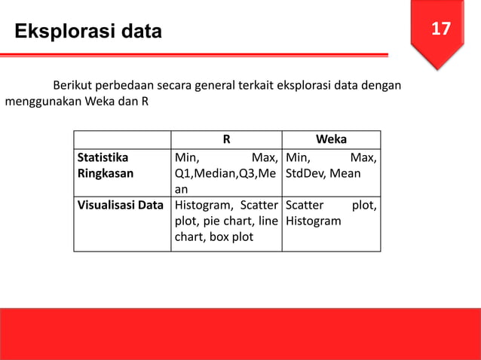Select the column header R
tap(226, 139)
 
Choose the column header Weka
tap(332, 139)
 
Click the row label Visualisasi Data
tap(121, 205)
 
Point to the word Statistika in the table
tap(103, 158)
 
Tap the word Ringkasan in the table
tap(103, 173)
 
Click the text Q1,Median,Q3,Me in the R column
tap(225, 173)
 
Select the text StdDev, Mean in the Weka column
tap(323, 173)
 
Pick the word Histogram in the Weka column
tap(314, 221)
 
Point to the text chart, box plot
tap(214, 238)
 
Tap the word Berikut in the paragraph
tap(72, 84)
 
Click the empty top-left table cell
tap(122, 139)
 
